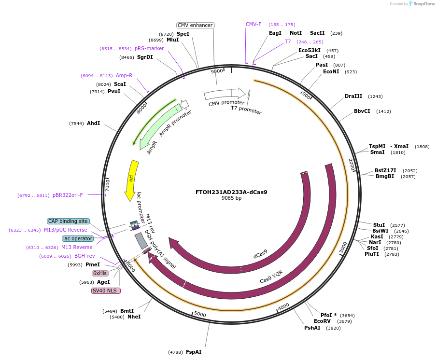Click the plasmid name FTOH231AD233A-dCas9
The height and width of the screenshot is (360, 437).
(231, 192)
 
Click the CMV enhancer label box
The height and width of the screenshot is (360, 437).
(195, 25)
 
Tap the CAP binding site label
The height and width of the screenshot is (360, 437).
(68, 221)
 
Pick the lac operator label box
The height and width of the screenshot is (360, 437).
(77, 238)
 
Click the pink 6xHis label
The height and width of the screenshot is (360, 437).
(100, 273)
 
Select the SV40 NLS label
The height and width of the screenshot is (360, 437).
(106, 291)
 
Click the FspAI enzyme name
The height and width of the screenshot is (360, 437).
(194, 352)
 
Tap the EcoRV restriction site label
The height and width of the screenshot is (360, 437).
(322, 321)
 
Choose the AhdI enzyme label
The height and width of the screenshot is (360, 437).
(93, 123)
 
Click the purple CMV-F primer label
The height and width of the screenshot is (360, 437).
(254, 24)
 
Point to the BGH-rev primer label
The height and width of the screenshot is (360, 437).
(85, 256)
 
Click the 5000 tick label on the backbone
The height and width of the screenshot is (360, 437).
(199, 315)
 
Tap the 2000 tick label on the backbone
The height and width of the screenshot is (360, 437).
(352, 165)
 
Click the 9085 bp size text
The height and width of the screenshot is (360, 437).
(231, 198)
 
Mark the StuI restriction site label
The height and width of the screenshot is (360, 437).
(379, 225)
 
